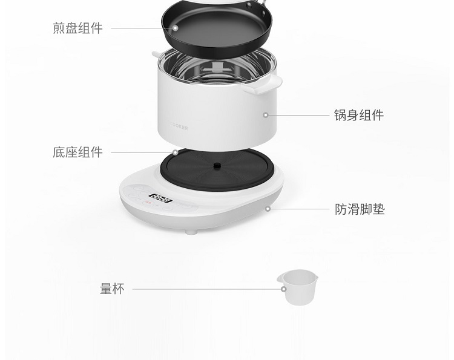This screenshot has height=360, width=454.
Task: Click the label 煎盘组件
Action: click(77, 28)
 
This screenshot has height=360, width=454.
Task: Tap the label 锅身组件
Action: click(359, 115)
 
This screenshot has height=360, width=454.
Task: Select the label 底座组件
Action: click(77, 152)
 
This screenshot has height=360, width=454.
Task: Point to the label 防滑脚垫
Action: click(360, 209)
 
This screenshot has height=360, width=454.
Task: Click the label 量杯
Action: click(113, 289)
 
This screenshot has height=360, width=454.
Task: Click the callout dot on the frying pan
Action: click(175, 28)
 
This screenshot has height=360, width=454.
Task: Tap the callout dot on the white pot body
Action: click(266, 115)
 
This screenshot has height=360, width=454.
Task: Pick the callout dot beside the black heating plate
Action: click(175, 152)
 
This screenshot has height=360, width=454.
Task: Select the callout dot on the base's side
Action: click(268, 209)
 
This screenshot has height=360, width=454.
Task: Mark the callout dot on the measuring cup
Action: click(284, 289)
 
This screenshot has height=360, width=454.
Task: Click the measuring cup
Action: click(298, 287)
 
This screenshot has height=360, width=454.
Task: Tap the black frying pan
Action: click(217, 28)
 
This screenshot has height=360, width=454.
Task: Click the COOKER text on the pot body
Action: click(179, 127)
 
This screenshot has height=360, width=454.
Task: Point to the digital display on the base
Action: click(160, 198)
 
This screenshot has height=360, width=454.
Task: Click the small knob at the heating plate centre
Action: click(217, 166)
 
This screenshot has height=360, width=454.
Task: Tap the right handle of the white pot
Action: click(262, 84)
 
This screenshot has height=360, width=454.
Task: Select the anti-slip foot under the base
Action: click(191, 232)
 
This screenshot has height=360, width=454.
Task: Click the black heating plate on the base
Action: click(217, 169)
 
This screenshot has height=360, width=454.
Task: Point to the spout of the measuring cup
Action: click(280, 277)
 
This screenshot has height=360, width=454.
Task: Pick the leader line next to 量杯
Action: click(207, 289)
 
